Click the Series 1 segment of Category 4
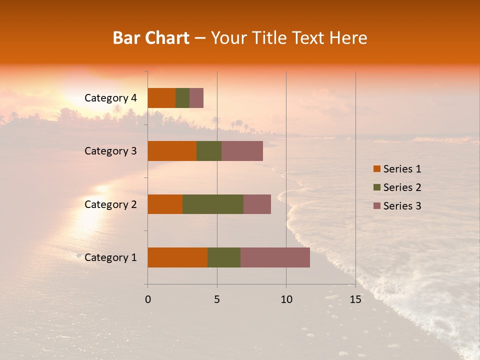tap(161, 98)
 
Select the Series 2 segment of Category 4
tap(182, 98)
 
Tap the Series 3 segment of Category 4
tap(196, 98)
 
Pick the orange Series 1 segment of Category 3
tap(172, 151)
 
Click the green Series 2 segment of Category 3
tap(209, 151)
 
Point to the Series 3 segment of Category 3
tap(242, 151)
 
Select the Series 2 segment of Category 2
tap(213, 204)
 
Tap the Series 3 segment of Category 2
tap(257, 204)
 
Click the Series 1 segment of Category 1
tap(177, 257)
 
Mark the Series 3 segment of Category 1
tap(275, 257)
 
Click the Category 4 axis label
tap(110, 98)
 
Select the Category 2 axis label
tap(110, 204)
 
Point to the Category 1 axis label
tap(110, 257)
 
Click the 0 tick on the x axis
tap(148, 299)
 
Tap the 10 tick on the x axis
tap(286, 299)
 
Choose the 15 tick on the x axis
tap(355, 299)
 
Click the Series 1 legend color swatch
tap(376, 169)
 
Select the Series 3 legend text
tap(402, 206)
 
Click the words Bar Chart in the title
tap(151, 38)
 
